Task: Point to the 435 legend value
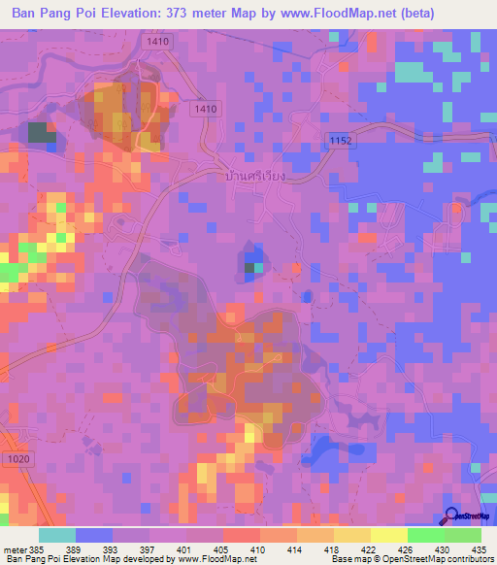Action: click(x=480, y=549)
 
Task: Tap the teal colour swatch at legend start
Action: click(x=57, y=535)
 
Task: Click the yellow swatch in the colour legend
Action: click(x=388, y=535)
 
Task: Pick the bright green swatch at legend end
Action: click(x=463, y=535)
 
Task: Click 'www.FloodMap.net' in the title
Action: click(x=333, y=13)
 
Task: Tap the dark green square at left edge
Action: click(x=42, y=133)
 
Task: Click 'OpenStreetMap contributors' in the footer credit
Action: click(x=435, y=559)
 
